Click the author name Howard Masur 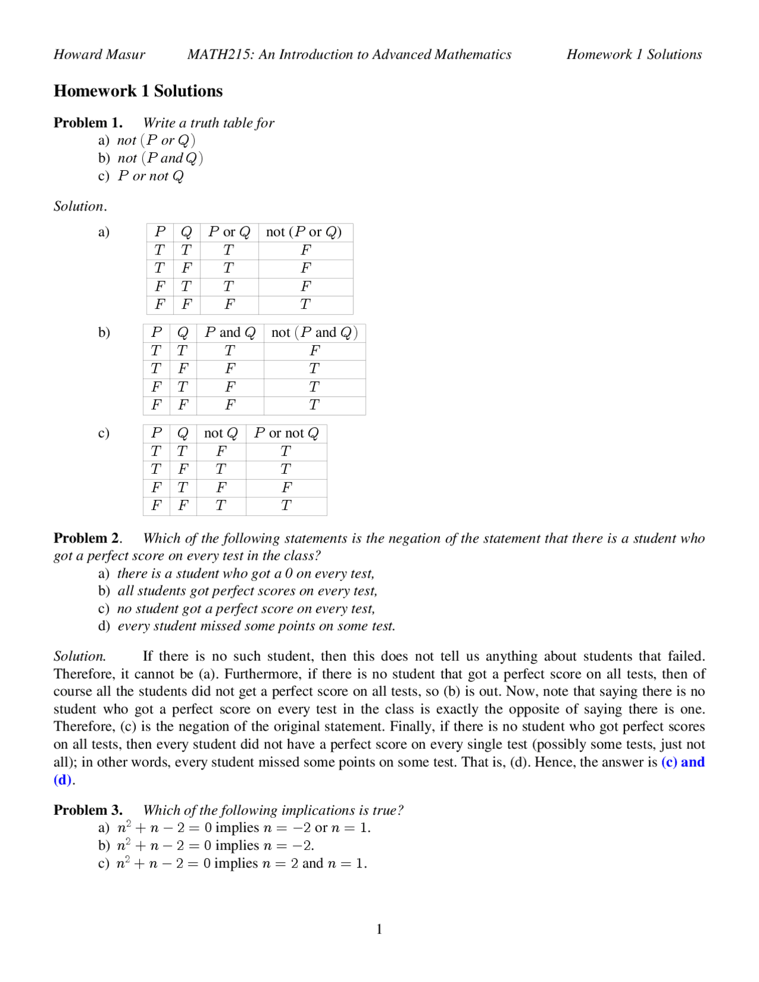(x=99, y=55)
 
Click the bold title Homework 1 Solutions (x=138, y=91)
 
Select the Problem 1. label (x=88, y=123)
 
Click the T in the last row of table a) (x=305, y=305)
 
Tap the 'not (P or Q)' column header (x=304, y=232)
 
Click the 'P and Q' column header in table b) (x=230, y=333)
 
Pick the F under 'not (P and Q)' (x=314, y=351)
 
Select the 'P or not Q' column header (x=286, y=433)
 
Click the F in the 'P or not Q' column (x=286, y=488)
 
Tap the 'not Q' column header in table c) (x=221, y=433)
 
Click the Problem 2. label (x=88, y=538)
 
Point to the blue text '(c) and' (x=683, y=762)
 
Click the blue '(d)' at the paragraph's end (x=62, y=780)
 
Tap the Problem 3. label (x=88, y=810)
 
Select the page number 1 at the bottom (x=379, y=929)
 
